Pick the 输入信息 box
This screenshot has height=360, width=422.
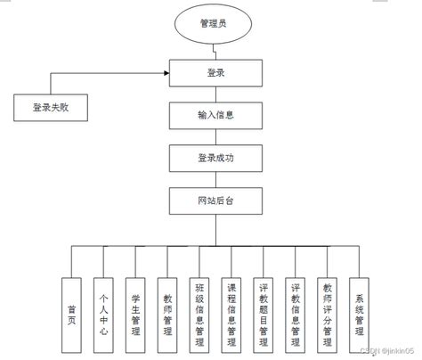(x=216, y=115)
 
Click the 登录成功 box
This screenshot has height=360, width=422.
(x=216, y=159)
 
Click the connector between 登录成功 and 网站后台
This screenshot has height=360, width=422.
(x=216, y=180)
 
